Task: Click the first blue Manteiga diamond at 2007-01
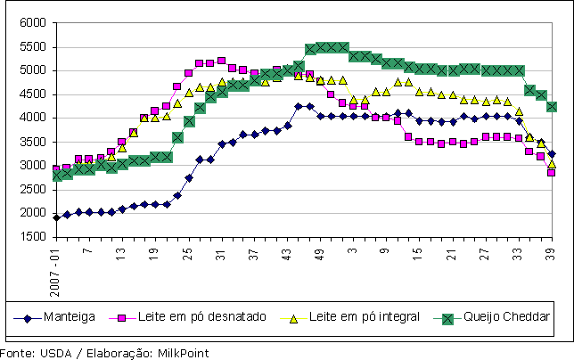click(57, 217)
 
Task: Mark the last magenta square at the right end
click(552, 173)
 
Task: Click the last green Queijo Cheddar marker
click(552, 107)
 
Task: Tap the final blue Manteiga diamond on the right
click(552, 154)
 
